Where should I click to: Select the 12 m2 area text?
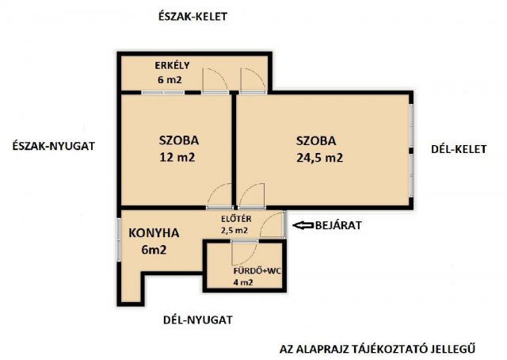[x=177, y=157]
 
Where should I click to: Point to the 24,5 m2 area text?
[x=319, y=157]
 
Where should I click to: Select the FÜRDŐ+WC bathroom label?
[x=235, y=271]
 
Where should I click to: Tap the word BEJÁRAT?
[x=338, y=225]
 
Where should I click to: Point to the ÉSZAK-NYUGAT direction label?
[x=55, y=146]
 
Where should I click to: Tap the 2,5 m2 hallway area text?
[x=237, y=230]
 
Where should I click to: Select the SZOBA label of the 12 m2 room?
[x=178, y=140]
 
